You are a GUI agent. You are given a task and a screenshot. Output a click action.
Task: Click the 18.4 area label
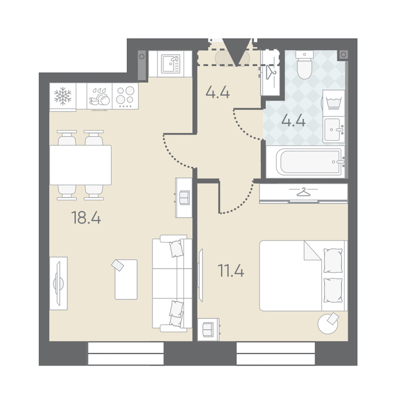click(x=86, y=218)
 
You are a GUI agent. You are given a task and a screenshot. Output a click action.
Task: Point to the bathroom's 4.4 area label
click(x=293, y=121)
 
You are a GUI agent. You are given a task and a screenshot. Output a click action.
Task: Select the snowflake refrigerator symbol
click(x=63, y=96)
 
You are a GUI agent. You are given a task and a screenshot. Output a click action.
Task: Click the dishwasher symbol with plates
click(x=100, y=96)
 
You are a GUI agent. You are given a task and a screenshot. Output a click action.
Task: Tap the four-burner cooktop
click(x=125, y=96)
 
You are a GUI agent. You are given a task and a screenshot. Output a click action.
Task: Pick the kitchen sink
click(x=171, y=64)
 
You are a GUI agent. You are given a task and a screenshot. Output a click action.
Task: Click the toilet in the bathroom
click(x=304, y=64)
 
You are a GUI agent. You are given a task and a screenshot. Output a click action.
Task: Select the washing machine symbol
click(x=334, y=103)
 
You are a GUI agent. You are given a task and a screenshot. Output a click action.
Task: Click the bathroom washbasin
click(x=334, y=130)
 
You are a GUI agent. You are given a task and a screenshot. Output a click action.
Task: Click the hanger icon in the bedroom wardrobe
click(x=303, y=192)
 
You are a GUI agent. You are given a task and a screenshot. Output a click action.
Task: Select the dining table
click(x=80, y=165)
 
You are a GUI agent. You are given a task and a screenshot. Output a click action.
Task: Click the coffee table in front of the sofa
click(x=126, y=279)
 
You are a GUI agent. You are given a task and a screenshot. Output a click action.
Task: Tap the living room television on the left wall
click(x=59, y=283)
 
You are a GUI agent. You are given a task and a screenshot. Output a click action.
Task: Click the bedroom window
click(x=276, y=353)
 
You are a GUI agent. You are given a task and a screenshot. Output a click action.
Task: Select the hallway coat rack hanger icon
click(x=271, y=72)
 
